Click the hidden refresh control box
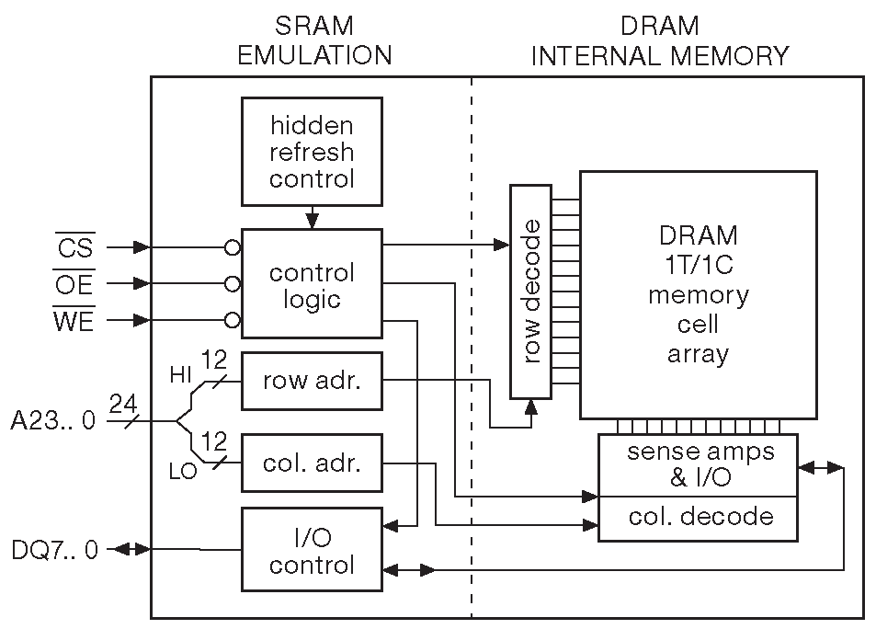click(x=311, y=152)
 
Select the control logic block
click(x=311, y=285)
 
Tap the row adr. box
click(x=311, y=381)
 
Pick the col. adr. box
click(x=311, y=463)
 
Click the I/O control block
click(x=311, y=549)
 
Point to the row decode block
click(x=530, y=292)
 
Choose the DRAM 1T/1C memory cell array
click(x=698, y=294)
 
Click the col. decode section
click(x=699, y=518)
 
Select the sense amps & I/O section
click(x=699, y=464)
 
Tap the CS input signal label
click(x=74, y=247)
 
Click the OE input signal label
click(x=74, y=284)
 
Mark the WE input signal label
click(x=74, y=321)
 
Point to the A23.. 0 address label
click(x=52, y=422)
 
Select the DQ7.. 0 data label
click(x=54, y=550)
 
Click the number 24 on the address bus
click(x=124, y=403)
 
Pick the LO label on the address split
click(x=183, y=472)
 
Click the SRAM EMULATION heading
click(x=314, y=40)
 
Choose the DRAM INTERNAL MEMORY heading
click(x=660, y=40)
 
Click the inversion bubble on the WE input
click(x=233, y=321)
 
